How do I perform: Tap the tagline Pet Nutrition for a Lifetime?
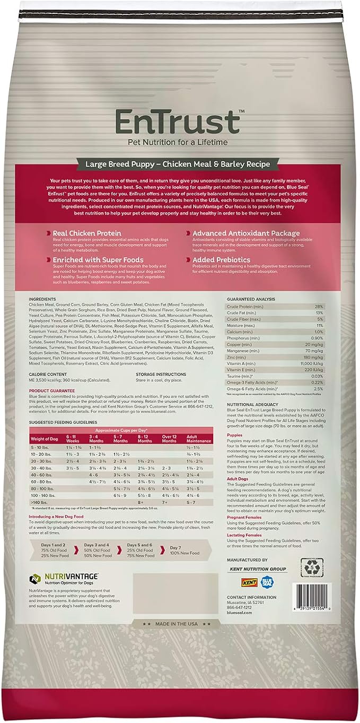(x=178, y=142)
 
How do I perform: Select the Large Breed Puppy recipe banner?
(x=179, y=164)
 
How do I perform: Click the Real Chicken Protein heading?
(x=86, y=233)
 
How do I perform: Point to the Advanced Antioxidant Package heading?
(x=245, y=233)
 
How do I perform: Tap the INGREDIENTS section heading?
(x=43, y=299)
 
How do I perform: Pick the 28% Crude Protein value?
(x=318, y=307)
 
